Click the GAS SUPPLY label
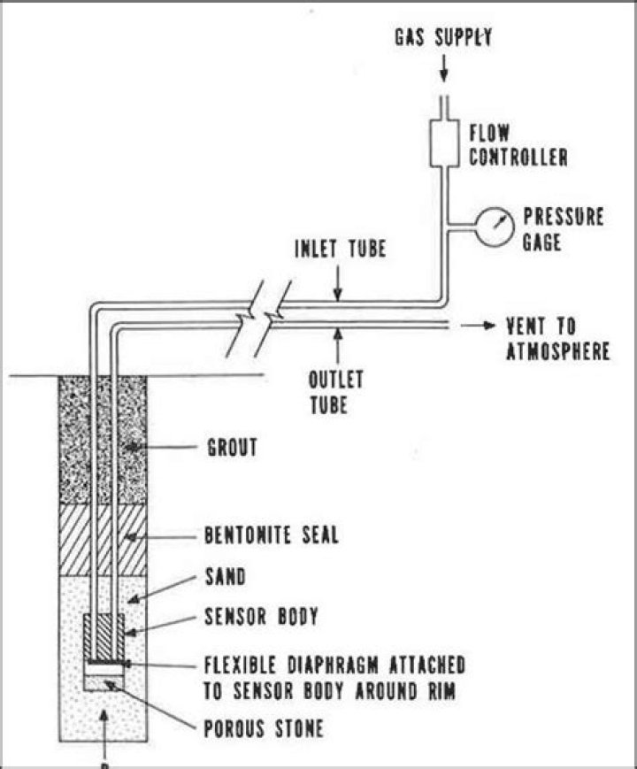click(x=443, y=37)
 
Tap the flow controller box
click(x=444, y=142)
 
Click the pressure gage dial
click(x=495, y=226)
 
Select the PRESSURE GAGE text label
click(x=563, y=229)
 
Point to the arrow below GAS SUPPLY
click(x=444, y=68)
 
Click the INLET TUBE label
click(x=341, y=248)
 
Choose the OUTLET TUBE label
click(x=335, y=392)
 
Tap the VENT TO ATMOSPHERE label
click(x=558, y=339)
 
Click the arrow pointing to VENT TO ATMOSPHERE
click(x=478, y=325)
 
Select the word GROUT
click(x=232, y=447)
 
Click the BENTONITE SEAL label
click(x=272, y=534)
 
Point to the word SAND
click(x=225, y=576)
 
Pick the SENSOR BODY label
click(x=261, y=616)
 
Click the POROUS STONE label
click(x=264, y=728)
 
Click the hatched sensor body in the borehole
click(x=104, y=637)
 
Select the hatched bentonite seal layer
click(x=103, y=540)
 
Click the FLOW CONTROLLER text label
click(x=518, y=145)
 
